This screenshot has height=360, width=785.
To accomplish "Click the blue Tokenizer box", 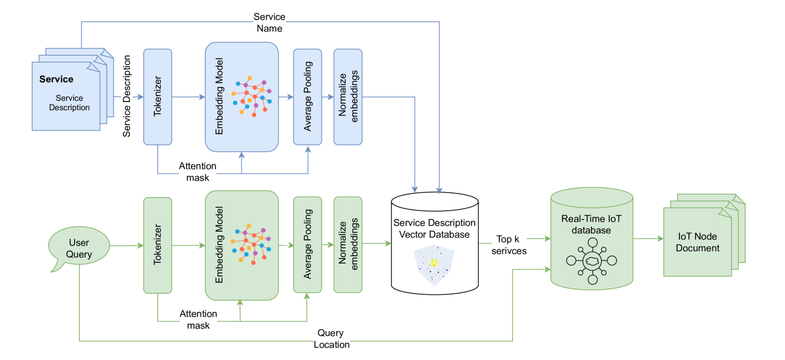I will tap(158, 96).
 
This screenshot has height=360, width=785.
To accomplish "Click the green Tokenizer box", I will tap(158, 245).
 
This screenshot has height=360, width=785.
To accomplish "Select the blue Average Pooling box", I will tap(307, 96).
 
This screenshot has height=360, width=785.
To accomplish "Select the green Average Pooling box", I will tap(307, 244).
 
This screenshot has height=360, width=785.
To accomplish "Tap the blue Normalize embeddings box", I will tap(348, 96).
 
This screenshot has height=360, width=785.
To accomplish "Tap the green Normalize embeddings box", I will tap(348, 244).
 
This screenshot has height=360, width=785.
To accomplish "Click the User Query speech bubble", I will tap(79, 248).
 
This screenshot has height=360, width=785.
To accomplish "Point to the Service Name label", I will tap(269, 22).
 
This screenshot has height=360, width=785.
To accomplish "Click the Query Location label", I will tap(331, 339).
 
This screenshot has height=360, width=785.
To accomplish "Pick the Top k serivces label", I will tap(508, 245).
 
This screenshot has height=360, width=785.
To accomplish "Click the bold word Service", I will tap(56, 79).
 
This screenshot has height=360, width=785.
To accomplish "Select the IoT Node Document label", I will tap(697, 242).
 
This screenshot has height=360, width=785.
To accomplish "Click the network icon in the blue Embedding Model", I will tap(252, 96).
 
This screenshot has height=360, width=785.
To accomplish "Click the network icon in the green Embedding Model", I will tap(252, 244).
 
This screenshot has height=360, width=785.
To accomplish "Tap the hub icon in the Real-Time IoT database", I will tap(591, 261).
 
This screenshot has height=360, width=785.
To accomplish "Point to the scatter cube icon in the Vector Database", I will tap(434, 265).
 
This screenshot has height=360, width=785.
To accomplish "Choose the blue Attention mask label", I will tap(197, 172).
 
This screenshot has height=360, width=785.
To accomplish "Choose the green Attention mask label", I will tap(198, 319).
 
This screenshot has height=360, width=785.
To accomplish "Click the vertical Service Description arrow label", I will tap(127, 96).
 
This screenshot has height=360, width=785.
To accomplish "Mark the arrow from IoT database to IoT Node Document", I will tap(648, 239).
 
